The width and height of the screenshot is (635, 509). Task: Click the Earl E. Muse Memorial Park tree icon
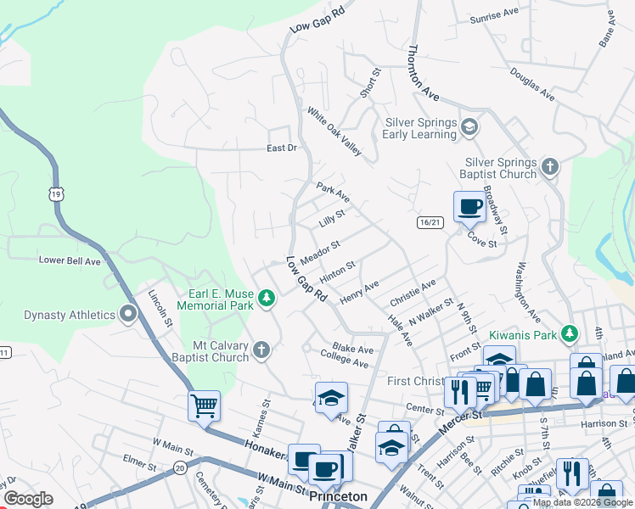[267, 298]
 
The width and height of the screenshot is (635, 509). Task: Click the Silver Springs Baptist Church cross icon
[549, 166]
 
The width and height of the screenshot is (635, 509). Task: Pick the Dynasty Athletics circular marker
[128, 315]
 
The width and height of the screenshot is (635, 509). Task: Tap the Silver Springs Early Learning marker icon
[469, 128]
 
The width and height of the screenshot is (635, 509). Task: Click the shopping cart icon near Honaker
[204, 406]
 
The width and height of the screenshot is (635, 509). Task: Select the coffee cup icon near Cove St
[469, 205]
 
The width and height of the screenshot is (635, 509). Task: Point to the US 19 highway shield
[56, 194]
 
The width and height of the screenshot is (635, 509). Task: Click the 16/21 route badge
[430, 222]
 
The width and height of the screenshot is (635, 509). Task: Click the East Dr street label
[281, 148]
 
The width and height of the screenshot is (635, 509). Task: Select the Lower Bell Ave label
[70, 261]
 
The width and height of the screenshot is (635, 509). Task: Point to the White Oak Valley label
[334, 131]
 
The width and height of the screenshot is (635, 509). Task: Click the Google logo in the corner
[28, 499]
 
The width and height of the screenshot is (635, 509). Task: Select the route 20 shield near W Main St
[179, 467]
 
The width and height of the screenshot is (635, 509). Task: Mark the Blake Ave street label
[353, 349]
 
